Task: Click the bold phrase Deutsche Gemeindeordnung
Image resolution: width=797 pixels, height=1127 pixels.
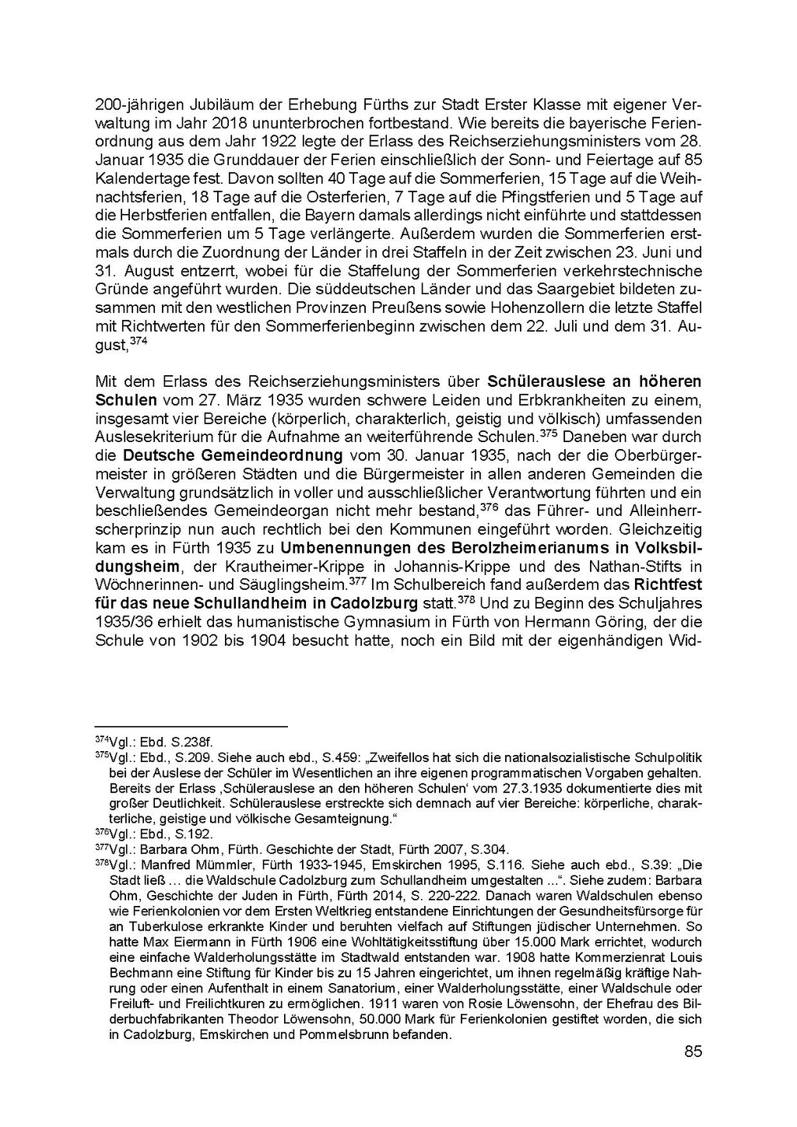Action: click(233, 455)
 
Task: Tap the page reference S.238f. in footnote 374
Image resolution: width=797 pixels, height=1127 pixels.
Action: click(193, 742)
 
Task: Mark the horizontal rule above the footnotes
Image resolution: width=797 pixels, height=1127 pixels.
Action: click(191, 726)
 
